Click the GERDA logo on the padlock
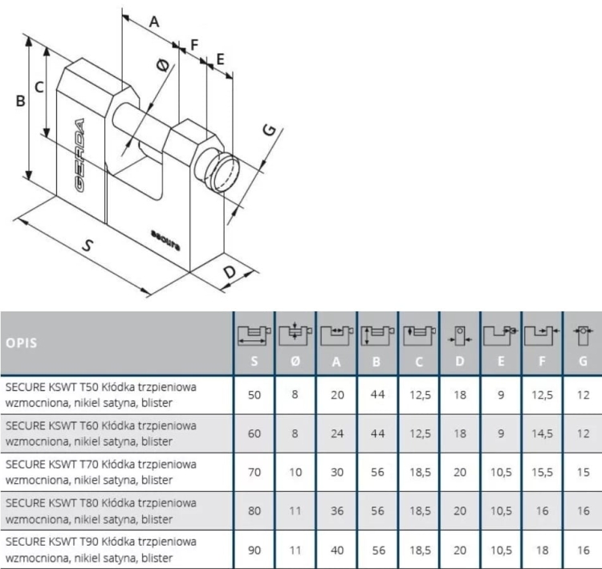(x=79, y=155)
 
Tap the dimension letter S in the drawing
(x=88, y=245)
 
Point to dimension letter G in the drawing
(x=270, y=130)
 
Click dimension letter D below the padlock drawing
(x=230, y=272)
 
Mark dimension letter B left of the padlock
(x=20, y=101)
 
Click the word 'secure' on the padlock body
(x=165, y=241)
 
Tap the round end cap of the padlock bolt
(x=226, y=173)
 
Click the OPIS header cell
(x=22, y=343)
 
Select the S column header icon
(x=254, y=335)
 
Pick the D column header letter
(x=460, y=361)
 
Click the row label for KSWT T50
(x=101, y=395)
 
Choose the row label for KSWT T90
(x=101, y=550)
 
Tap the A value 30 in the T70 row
(x=336, y=472)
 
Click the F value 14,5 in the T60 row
(x=542, y=433)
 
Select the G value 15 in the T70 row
(x=583, y=472)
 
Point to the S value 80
(x=254, y=510)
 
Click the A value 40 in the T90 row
(x=336, y=551)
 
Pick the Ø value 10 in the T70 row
(x=295, y=472)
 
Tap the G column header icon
(x=583, y=335)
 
